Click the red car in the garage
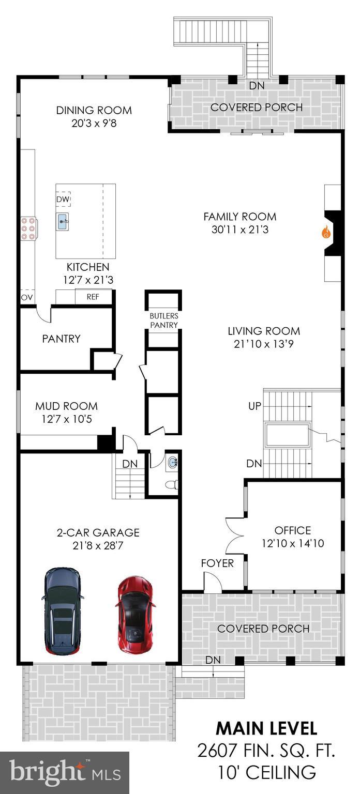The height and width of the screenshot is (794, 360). coord(135,614)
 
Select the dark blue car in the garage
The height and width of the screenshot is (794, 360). coord(63,610)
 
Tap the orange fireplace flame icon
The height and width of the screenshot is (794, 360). coord(325,233)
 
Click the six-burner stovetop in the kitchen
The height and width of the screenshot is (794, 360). coord(28,228)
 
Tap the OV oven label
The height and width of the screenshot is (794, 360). coord(26,297)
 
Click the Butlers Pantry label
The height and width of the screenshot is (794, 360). coord(163,320)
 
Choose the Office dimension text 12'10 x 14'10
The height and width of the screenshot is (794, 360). coord(293,543)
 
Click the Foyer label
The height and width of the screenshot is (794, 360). coord(217,563)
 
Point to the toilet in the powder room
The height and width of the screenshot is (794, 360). coord(173,484)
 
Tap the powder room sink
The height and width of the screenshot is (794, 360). coord(173,463)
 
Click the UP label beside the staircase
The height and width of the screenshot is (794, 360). coord(255,406)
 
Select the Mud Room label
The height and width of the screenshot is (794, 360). coord(66,406)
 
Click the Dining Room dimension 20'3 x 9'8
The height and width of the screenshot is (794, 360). coord(94,124)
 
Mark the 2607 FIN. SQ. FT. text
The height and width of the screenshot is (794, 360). coord(266,751)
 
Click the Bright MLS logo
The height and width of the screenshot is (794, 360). coord(64,773)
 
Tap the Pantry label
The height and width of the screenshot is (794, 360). coord(61,339)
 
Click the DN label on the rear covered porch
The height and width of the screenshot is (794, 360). coord(257,86)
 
